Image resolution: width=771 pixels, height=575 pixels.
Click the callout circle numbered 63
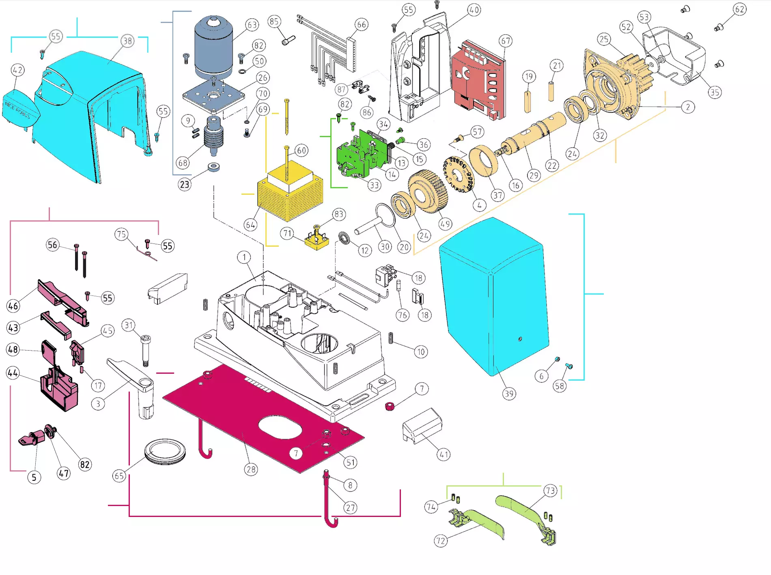[252, 25]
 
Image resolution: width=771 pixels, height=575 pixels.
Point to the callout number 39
[509, 394]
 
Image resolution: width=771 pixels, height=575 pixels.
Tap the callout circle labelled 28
[251, 469]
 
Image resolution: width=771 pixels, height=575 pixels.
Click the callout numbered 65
[119, 476]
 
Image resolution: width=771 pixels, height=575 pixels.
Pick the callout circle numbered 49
[445, 224]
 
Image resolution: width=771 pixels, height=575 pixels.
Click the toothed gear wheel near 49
[428, 191]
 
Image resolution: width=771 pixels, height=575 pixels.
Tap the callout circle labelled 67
[505, 41]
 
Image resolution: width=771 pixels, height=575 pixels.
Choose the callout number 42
[17, 70]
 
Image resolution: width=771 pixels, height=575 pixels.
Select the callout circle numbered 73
[550, 491]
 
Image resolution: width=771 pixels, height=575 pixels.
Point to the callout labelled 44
[13, 373]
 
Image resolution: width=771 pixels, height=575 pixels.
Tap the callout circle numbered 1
[244, 257]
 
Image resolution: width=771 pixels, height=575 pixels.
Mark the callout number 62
[739, 9]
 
